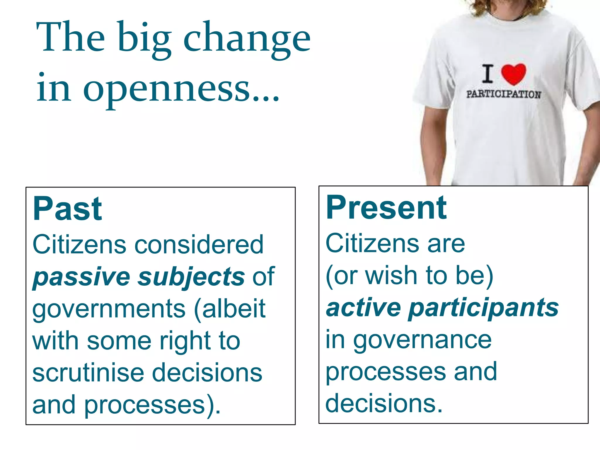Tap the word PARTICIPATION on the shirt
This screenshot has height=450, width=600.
[504, 94]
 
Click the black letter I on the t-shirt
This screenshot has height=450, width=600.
[487, 74]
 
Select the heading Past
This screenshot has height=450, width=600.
[67, 209]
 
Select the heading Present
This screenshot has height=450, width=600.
[386, 208]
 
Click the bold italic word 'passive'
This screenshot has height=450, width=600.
[81, 277]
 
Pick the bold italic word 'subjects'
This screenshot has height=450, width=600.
[191, 277]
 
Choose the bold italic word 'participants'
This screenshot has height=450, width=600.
[483, 308]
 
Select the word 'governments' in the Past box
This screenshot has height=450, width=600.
[109, 309]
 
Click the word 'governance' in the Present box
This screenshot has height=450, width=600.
[422, 340]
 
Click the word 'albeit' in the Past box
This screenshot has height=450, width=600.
[234, 309]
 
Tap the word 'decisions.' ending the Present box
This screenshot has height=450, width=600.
[384, 404]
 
